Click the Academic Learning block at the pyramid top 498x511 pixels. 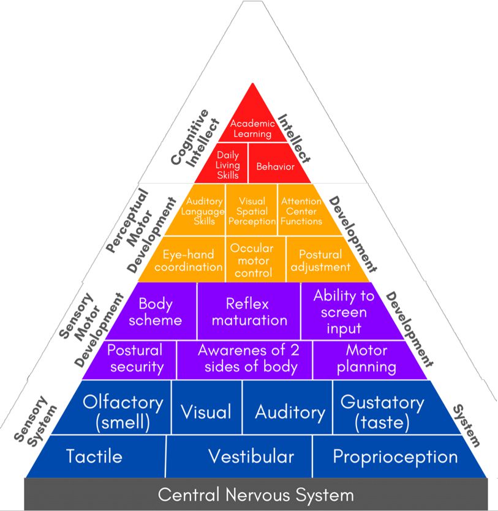(x=252, y=128)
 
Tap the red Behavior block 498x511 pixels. (x=275, y=166)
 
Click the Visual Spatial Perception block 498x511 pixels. (x=252, y=211)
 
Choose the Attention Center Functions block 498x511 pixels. (x=301, y=211)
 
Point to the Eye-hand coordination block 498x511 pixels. (x=188, y=260)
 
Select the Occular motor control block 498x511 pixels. (x=252, y=260)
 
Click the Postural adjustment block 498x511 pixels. (x=320, y=260)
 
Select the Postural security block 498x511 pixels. (x=135, y=359)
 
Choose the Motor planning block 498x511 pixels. (x=366, y=359)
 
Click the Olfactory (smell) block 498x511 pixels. (x=124, y=411)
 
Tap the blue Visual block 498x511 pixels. (x=206, y=411)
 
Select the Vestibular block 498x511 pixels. (x=251, y=457)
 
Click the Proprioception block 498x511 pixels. (x=395, y=457)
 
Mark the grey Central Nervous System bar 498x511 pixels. (x=256, y=494)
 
